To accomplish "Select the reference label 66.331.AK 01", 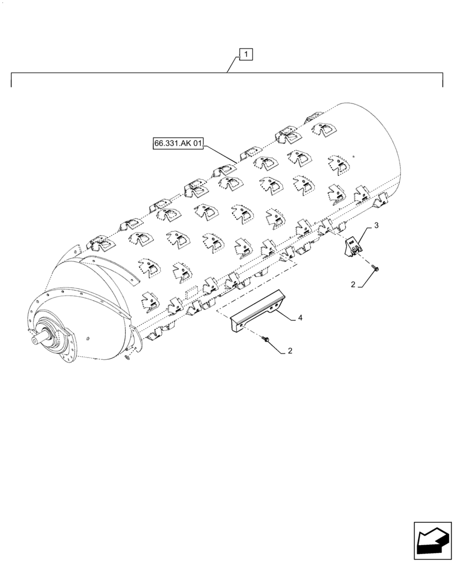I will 177,144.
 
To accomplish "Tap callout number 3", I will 376,226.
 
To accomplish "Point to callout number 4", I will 300,318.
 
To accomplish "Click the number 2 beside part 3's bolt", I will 353,285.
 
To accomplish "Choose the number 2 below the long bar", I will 289,351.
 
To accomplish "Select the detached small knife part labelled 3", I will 352,246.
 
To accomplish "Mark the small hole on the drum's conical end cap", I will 90,338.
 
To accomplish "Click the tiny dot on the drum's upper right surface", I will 353,157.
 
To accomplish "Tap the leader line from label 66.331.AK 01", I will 220,153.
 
